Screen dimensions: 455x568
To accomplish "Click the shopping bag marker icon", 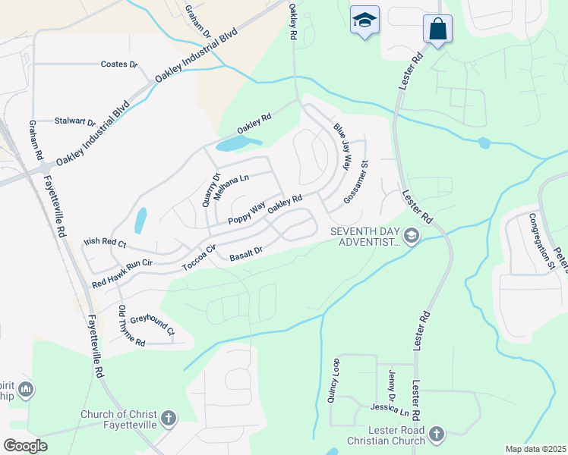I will tap(437, 30).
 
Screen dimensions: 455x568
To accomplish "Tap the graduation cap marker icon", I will tap(364, 20).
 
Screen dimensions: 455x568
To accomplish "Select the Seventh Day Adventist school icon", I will tap(412, 237).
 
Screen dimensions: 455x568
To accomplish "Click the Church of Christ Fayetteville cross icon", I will tap(168, 417).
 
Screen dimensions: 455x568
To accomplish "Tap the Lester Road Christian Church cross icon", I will tap(436, 435).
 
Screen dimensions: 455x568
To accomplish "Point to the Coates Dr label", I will tap(119, 64).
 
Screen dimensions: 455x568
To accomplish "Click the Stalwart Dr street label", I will tap(75, 121).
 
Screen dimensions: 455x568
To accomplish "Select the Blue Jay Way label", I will tap(343, 146).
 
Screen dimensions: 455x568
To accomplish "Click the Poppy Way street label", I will tap(246, 211).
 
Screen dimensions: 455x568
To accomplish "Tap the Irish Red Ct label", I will tap(104, 243).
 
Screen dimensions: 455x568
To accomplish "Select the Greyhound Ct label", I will tap(153, 325).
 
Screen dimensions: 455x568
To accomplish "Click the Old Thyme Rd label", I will tap(131, 326).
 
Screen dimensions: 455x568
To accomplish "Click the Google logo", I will tap(25, 446).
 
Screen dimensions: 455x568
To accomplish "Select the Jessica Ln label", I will tap(390, 410).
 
